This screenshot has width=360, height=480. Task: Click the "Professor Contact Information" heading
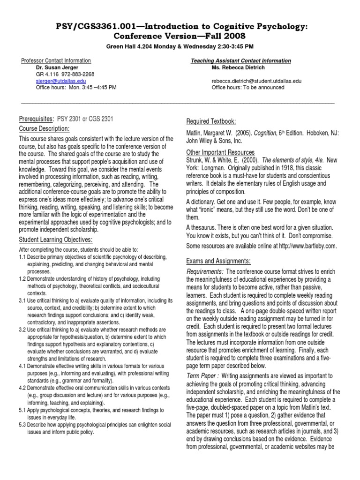[x=56, y=61]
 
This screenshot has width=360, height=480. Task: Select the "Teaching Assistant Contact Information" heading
[x=240, y=61]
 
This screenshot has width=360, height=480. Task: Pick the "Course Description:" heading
[x=44, y=128]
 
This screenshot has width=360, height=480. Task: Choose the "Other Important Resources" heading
[x=220, y=152]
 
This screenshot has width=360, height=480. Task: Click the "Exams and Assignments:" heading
[x=218, y=261]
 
